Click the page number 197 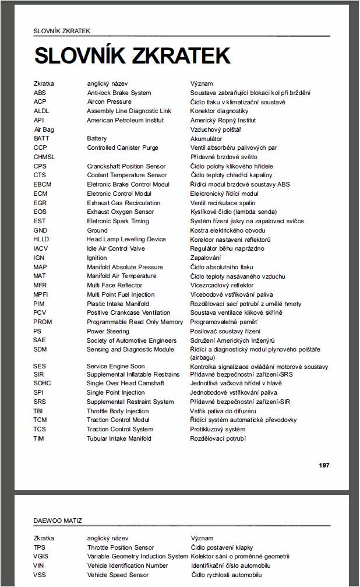tap(324, 465)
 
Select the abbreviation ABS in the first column tap(40, 93)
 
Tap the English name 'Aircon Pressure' tap(109, 102)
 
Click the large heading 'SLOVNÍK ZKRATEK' tap(132, 55)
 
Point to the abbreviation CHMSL tap(44, 157)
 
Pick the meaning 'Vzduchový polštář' tap(216, 129)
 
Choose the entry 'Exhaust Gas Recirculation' tap(123, 203)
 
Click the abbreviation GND tap(40, 230)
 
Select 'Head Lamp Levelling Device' tap(126, 239)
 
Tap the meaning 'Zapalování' tap(206, 258)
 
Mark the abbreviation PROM tap(43, 322)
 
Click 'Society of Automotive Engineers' tap(132, 340)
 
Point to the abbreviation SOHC tap(43, 383)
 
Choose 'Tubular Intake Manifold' tap(119, 438)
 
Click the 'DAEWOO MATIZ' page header tap(58, 521)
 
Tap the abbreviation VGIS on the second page tap(41, 557)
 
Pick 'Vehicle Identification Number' tap(128, 565)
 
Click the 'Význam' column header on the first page tap(202, 84)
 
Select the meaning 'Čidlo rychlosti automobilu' tap(230, 575)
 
